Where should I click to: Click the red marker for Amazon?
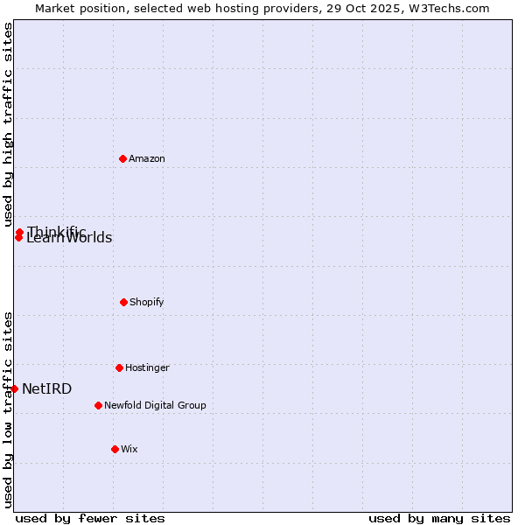(122, 158)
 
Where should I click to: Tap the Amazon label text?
(147, 158)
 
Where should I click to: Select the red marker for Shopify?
(123, 302)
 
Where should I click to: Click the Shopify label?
(147, 302)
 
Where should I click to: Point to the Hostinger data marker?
(119, 367)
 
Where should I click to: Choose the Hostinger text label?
(147, 367)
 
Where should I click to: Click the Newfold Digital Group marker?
(98, 405)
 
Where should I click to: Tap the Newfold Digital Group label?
(155, 405)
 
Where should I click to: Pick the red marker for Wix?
(115, 449)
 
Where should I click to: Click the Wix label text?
(129, 449)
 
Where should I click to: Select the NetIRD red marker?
(14, 388)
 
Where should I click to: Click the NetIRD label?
(47, 388)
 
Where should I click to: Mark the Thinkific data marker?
(19, 232)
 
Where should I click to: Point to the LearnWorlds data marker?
(18, 238)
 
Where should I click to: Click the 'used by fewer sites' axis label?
(90, 518)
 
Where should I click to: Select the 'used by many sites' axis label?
(439, 518)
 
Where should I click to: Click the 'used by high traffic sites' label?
(8, 124)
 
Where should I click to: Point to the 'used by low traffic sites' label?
(8, 409)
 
